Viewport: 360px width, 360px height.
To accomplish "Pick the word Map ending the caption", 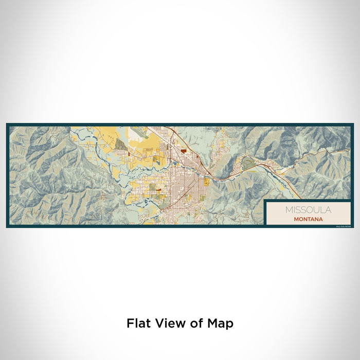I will (x=221, y=323).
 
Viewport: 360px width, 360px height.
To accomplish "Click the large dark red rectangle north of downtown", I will (x=184, y=151).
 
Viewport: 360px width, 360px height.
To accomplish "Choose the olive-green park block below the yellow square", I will (x=202, y=198).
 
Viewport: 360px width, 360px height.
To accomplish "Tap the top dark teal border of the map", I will (x=180, y=125).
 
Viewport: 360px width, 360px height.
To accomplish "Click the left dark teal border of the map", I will (x=8, y=175).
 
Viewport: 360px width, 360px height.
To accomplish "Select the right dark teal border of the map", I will (x=352, y=175).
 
